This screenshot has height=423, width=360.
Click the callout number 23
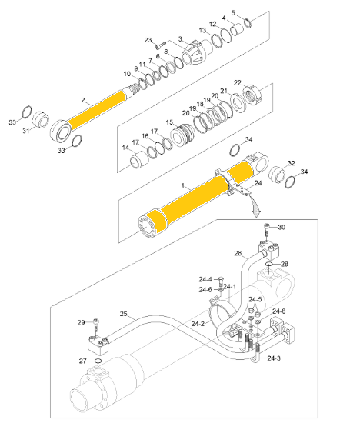(148, 40)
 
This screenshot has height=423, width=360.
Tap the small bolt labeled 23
(160, 45)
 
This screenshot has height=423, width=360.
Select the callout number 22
(238, 82)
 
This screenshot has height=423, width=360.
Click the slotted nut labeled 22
(252, 95)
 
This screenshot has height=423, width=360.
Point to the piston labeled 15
(182, 135)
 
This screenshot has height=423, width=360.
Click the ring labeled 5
(248, 23)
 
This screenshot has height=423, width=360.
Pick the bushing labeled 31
(41, 119)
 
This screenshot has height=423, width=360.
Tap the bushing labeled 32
(278, 175)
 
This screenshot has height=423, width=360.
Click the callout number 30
(282, 227)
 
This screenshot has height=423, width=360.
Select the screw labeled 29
(96, 327)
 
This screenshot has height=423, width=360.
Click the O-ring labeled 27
(98, 361)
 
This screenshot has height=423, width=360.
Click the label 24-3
(274, 358)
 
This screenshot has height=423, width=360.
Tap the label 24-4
(205, 279)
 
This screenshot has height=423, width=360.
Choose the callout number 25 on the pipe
(123, 314)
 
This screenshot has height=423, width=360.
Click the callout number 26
(238, 253)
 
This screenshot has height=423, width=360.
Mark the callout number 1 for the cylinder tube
(183, 185)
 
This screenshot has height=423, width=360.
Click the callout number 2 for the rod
(83, 100)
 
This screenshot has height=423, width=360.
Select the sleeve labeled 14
(139, 160)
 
